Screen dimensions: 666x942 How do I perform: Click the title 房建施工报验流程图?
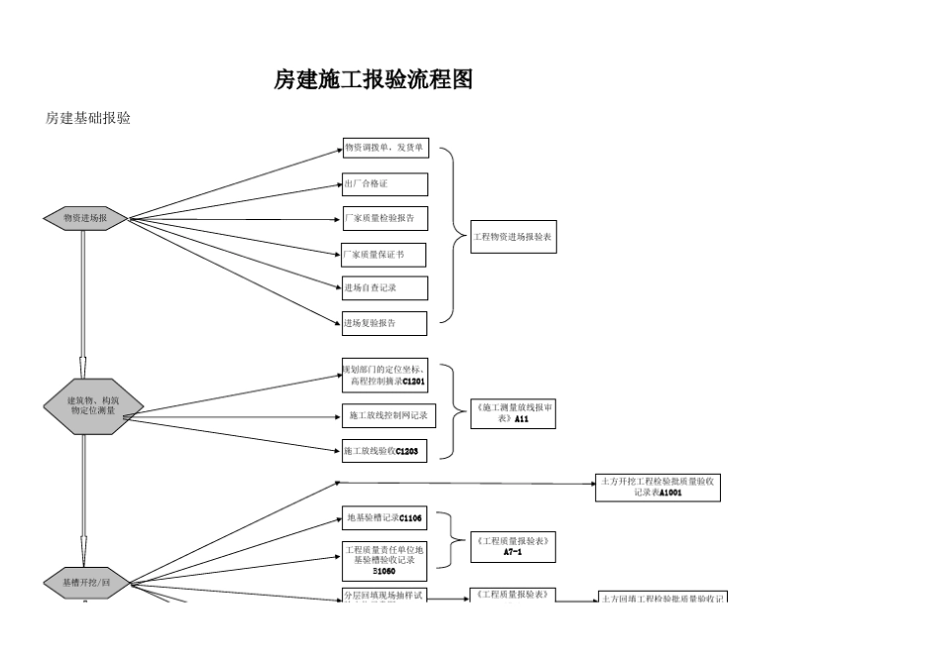tap(373, 80)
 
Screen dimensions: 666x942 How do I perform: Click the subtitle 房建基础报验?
tap(88, 118)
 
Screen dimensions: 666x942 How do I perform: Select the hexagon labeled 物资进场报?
tap(85, 218)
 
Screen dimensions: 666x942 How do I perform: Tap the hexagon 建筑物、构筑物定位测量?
tap(93, 404)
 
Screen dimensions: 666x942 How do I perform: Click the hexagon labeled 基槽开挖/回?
tap(85, 583)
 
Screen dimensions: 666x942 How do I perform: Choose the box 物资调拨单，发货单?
tap(385, 149)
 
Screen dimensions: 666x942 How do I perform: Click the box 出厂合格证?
tap(385, 184)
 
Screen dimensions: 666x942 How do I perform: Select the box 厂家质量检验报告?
tap(385, 218)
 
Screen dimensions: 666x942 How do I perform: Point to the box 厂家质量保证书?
tap(384, 255)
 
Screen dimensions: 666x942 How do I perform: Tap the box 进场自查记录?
tap(385, 288)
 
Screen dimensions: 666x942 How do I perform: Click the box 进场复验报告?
tap(385, 323)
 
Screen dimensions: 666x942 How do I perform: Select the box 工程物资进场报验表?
tap(513, 237)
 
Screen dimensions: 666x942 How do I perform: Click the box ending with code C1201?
tap(385, 376)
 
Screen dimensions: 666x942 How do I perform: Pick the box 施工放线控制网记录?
tap(389, 415)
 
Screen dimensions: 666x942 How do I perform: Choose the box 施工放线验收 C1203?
tap(385, 451)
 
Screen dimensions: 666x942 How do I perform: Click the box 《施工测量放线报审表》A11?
tap(513, 413)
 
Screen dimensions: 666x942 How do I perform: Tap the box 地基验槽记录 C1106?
tap(385, 517)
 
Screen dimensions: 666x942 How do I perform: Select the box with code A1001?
tap(657, 488)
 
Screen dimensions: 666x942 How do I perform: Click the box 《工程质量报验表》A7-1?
tap(513, 547)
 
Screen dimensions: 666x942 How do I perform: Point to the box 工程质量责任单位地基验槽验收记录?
tap(385, 560)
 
